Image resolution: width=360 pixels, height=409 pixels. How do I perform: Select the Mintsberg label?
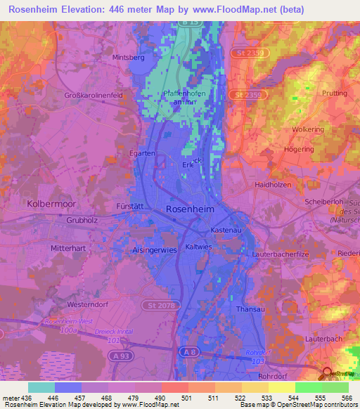click(x=127, y=57)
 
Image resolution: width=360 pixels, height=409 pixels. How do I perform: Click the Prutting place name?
click(x=333, y=93)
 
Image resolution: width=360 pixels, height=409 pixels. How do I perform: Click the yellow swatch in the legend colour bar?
click(x=281, y=387)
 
